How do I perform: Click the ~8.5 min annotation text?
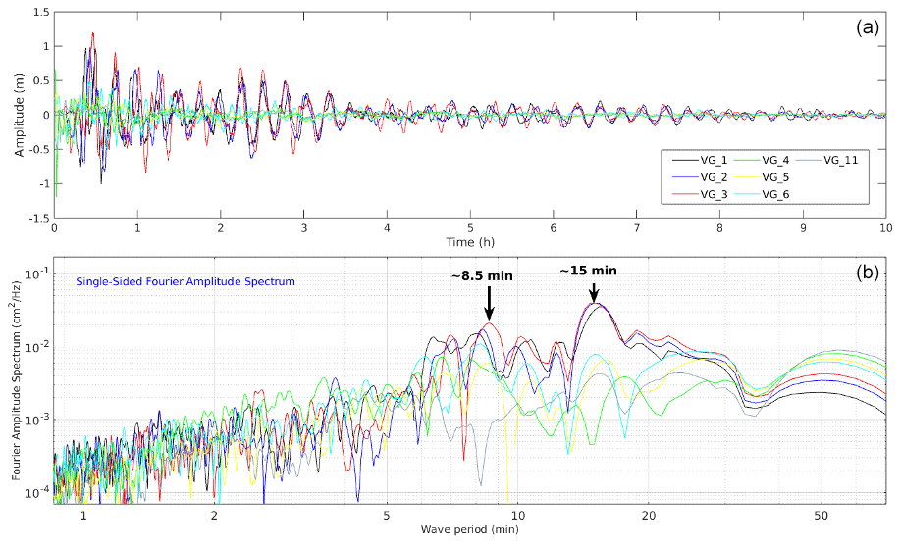[x=482, y=276]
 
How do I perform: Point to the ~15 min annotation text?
[x=589, y=270]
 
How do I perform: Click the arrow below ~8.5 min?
[x=489, y=304]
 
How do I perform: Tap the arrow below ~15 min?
[x=593, y=291]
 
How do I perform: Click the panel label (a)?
[x=867, y=26]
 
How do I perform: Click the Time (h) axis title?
[x=470, y=242]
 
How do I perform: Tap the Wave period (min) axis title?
[x=469, y=529]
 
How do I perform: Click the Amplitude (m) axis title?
[x=20, y=115]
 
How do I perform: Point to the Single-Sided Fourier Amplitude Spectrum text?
[x=185, y=281]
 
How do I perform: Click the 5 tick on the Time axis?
[x=470, y=227]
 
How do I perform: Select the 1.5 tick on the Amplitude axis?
[x=40, y=13]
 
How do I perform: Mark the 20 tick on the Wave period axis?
[x=649, y=515]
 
